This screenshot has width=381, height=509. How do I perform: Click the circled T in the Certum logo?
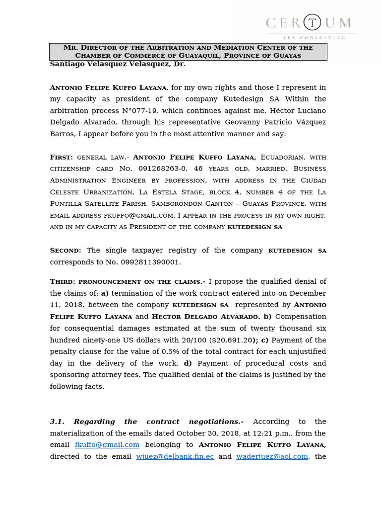tap(312, 22)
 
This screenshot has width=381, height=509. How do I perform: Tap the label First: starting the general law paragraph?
tap(62, 157)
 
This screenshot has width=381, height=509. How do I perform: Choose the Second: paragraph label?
tap(65, 251)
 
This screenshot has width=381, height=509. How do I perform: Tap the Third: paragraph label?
tap(63, 282)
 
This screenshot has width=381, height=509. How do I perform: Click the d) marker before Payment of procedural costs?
tap(188, 363)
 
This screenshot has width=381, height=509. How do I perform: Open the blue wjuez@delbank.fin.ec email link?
tap(175, 456)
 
